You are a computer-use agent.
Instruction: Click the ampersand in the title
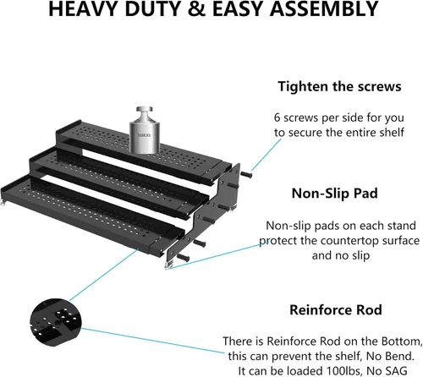point(196,8)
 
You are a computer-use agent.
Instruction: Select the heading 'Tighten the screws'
point(339,86)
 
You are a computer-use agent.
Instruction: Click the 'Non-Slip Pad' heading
point(335,194)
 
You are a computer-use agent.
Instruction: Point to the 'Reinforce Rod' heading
point(336,310)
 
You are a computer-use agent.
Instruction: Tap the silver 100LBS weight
point(145,130)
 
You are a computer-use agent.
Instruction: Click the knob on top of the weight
point(145,110)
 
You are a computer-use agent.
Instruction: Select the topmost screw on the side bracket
point(246,175)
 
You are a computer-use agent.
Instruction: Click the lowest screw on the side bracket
point(183,257)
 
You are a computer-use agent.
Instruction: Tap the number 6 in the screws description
point(277,117)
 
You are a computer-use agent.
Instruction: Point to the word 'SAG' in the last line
point(392,371)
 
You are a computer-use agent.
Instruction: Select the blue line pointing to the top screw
point(266,155)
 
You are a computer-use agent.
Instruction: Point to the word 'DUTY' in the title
point(153,8)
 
